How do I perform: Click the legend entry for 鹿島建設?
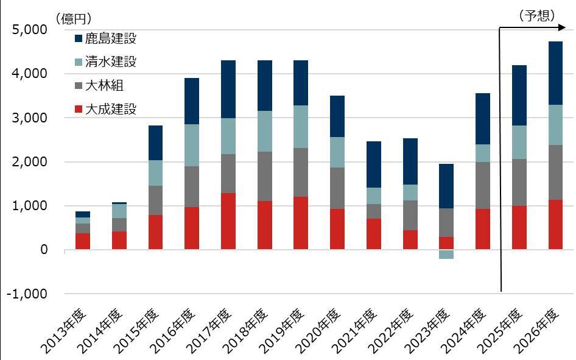click(x=110, y=39)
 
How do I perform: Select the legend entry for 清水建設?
click(x=110, y=62)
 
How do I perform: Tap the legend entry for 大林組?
click(x=104, y=86)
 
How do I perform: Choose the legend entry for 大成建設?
click(x=110, y=110)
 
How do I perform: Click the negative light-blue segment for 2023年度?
click(x=446, y=254)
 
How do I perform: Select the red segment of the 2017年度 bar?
click(x=228, y=221)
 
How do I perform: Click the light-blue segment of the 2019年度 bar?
click(x=301, y=127)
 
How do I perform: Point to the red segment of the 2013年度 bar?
click(x=83, y=241)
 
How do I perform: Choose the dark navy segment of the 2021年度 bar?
click(x=373, y=164)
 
